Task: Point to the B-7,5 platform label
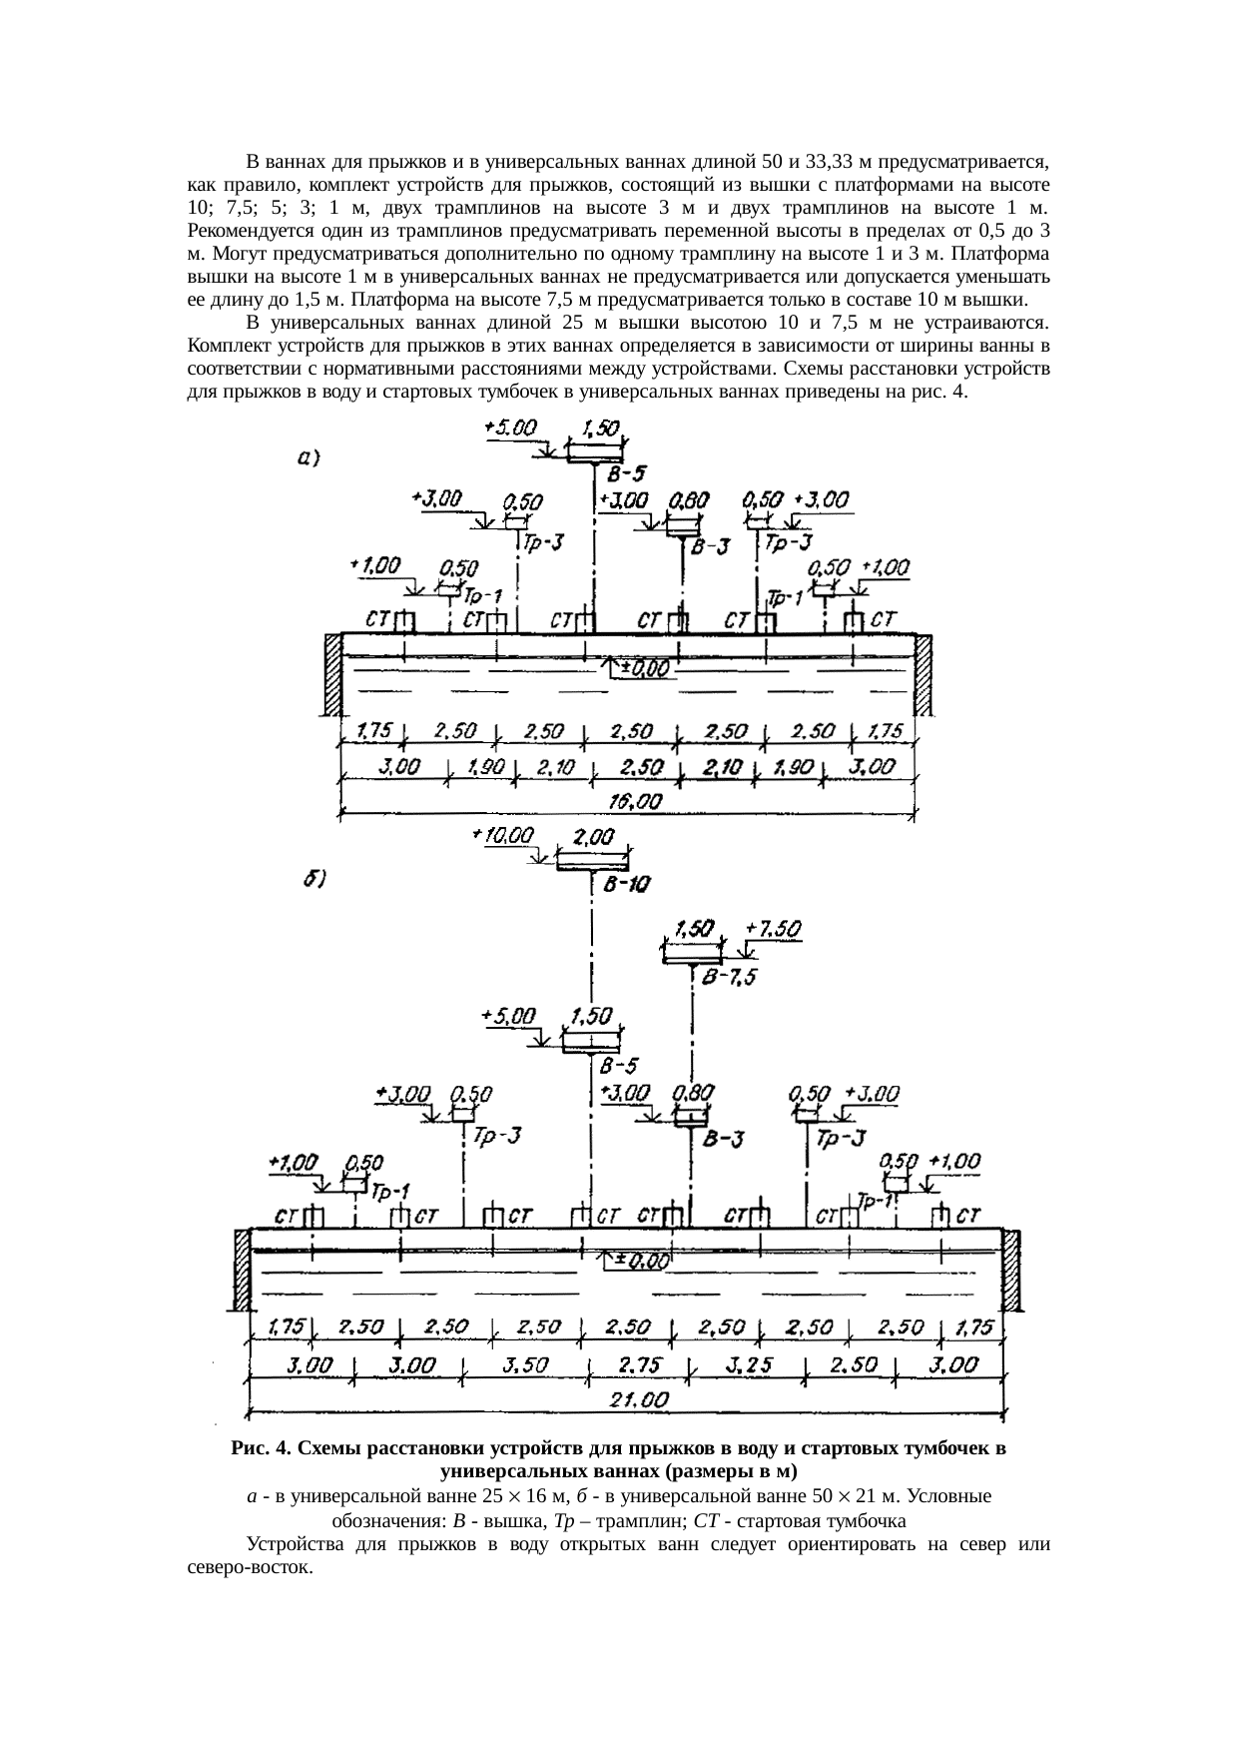[729, 977]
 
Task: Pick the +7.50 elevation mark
[773, 928]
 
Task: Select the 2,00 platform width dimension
[593, 839]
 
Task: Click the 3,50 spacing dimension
[523, 1364]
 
